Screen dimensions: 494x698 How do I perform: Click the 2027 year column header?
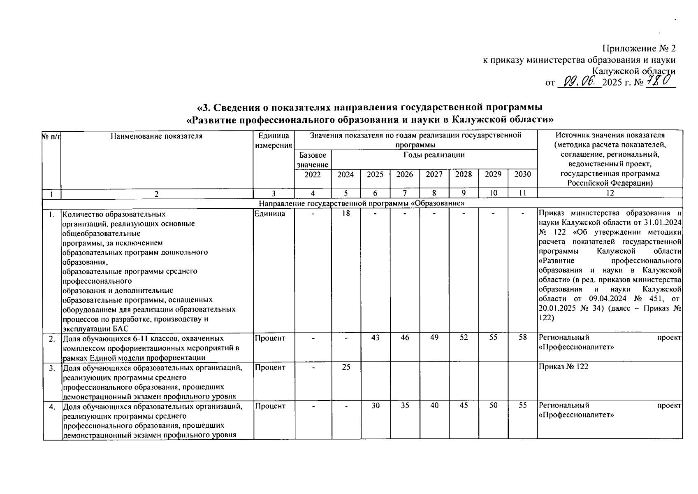(434, 174)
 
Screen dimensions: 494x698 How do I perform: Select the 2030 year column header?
(522, 174)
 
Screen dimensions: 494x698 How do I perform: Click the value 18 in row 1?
(346, 214)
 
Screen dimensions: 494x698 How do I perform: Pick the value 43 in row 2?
(375, 338)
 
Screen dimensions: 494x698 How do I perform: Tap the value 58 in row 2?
(522, 338)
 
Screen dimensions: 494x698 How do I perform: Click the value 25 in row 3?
(346, 366)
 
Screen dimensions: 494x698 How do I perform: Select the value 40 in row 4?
(434, 405)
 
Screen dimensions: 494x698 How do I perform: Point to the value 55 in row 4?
(522, 405)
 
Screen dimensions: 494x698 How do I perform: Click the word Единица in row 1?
(270, 214)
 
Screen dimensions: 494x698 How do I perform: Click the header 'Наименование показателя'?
(156, 136)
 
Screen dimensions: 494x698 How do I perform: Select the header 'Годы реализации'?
(434, 155)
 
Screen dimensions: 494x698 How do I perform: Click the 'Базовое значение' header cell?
(313, 160)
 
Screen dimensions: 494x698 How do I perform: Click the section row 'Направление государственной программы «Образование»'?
(362, 203)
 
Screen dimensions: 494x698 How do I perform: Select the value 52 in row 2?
(464, 338)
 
